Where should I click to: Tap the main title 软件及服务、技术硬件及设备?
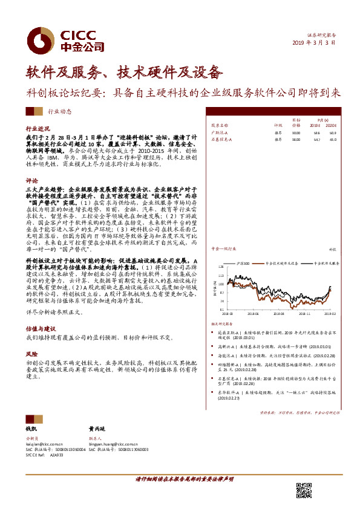[125, 73]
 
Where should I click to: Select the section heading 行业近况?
[36, 129]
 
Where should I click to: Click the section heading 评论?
[31, 180]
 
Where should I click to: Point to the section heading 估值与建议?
[38, 327]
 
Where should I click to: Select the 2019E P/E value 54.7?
[316, 139]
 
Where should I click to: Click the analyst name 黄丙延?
[97, 429]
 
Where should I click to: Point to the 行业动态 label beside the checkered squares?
[76, 111]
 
